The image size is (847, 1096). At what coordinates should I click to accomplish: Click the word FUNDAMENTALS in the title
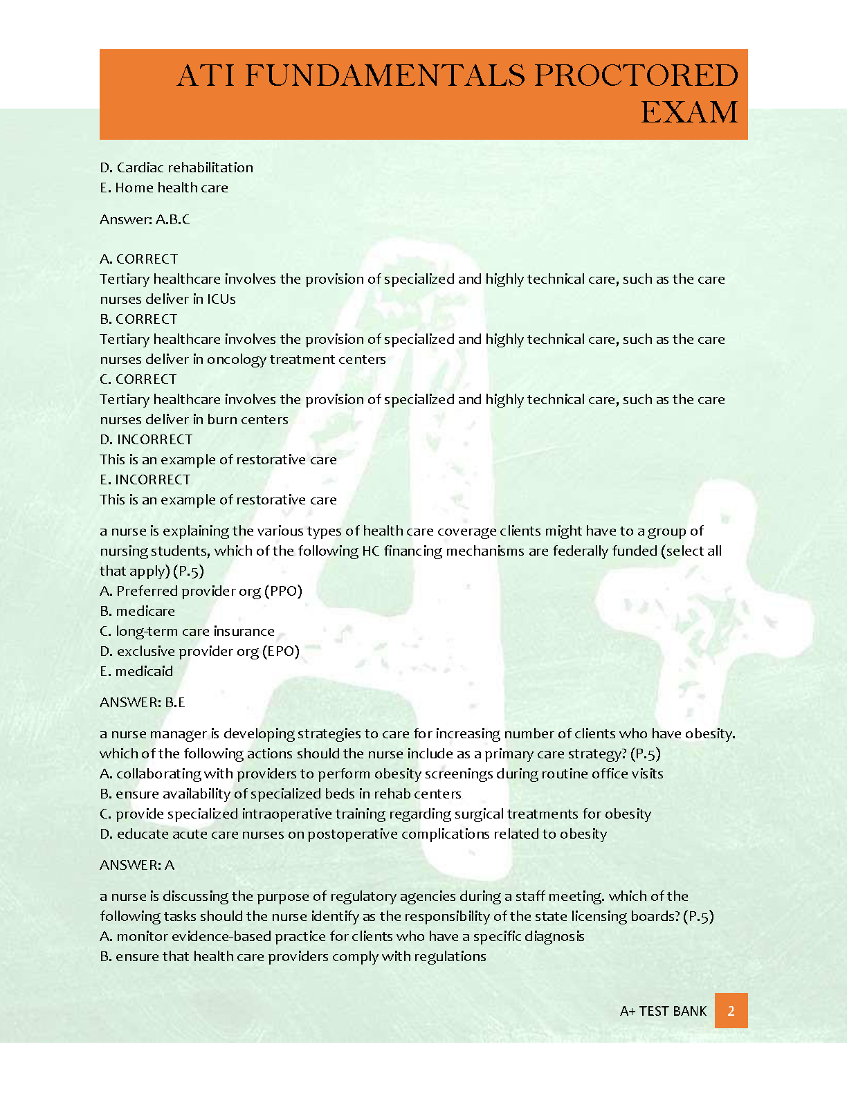tap(385, 75)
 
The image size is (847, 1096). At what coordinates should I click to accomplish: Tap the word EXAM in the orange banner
tap(689, 112)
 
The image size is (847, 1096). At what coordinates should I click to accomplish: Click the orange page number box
tap(731, 1011)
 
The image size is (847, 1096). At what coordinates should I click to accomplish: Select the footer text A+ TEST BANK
tap(663, 1011)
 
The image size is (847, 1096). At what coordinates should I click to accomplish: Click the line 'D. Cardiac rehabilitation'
tap(176, 167)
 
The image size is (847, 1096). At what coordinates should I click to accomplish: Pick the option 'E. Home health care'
tap(164, 188)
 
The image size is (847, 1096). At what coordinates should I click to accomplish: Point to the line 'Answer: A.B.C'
tap(145, 219)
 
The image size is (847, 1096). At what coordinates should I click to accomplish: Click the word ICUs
tap(221, 299)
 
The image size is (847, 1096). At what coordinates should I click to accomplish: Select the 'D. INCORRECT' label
tap(146, 439)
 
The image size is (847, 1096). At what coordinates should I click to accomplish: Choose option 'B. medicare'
tap(137, 611)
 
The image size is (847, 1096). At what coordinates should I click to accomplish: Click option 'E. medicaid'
tap(136, 671)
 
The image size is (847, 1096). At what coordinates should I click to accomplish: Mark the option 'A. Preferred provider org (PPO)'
tap(201, 591)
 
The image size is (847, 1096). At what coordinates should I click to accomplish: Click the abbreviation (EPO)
tap(281, 651)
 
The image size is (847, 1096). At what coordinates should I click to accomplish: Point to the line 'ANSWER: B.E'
tap(143, 702)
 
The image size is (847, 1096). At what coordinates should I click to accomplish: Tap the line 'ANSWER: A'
tap(137, 865)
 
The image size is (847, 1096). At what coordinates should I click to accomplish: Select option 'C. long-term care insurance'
tap(187, 631)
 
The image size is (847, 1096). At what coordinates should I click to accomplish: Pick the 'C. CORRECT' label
tap(138, 379)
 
